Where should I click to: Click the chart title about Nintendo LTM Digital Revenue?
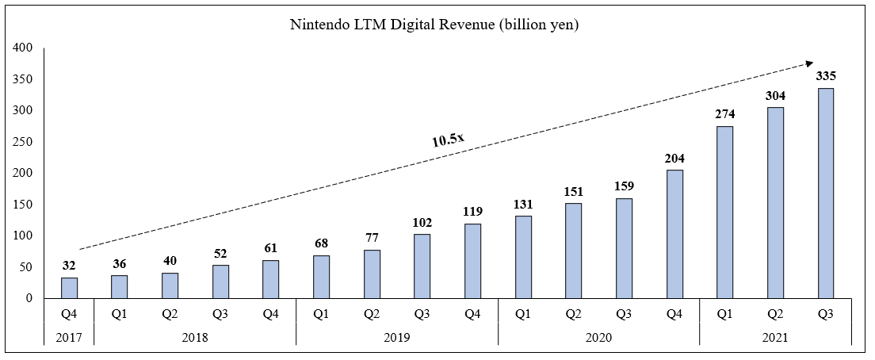pos(435,25)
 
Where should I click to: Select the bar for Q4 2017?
pos(69,288)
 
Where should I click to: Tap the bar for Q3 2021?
pos(825,193)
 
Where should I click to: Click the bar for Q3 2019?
pos(422,266)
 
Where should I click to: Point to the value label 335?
pos(825,76)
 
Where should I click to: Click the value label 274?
pos(724,114)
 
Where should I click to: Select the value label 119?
pos(472,212)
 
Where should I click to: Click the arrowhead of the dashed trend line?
pos(810,63)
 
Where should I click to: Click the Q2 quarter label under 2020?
pos(573,313)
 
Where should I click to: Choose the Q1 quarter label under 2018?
pos(119,313)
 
